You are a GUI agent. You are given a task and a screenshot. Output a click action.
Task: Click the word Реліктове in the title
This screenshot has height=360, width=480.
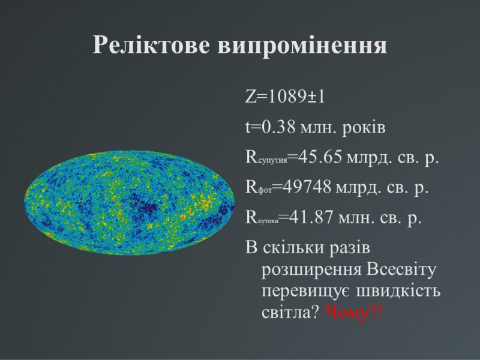click(152, 44)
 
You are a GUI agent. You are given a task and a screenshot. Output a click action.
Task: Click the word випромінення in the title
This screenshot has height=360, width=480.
click(302, 46)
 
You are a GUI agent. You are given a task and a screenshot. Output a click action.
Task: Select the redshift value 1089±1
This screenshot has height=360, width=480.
click(296, 97)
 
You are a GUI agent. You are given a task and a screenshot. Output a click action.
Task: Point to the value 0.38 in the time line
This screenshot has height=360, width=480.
click(278, 127)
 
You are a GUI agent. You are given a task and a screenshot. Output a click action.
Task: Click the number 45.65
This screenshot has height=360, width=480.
click(320, 157)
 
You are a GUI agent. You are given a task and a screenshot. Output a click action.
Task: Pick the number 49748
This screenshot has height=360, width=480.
click(307, 187)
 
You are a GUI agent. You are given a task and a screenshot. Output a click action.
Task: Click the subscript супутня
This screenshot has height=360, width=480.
click(273, 160)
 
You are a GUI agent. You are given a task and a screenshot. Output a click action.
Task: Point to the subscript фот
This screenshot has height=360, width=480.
click(265, 190)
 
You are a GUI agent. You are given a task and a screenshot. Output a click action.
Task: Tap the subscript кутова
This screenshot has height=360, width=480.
click(268, 220)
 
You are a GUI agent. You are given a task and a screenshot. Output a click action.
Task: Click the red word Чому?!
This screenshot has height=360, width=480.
click(354, 313)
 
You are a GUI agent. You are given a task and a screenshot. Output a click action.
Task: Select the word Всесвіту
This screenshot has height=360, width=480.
click(401, 269)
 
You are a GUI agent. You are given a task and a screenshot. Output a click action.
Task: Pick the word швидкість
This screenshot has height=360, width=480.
click(398, 290)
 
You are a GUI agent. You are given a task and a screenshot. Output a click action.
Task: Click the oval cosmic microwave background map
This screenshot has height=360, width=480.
click(129, 202)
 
